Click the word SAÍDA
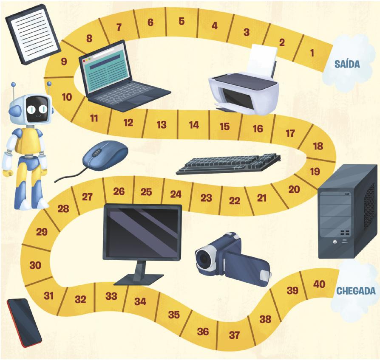pos(347,64)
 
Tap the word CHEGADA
pos(356,291)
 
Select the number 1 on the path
pos(312,53)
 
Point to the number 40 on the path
pos(319,284)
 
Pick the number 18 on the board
pos(318,146)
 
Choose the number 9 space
pos(64,62)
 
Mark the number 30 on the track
pos(36,265)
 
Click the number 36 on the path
pos(203,332)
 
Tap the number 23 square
pos(206,198)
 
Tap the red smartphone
pos(24,322)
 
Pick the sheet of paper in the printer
pos(262,59)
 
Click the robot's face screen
pos(36,109)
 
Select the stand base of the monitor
pos(138,279)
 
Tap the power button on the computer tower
pos(335,242)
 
